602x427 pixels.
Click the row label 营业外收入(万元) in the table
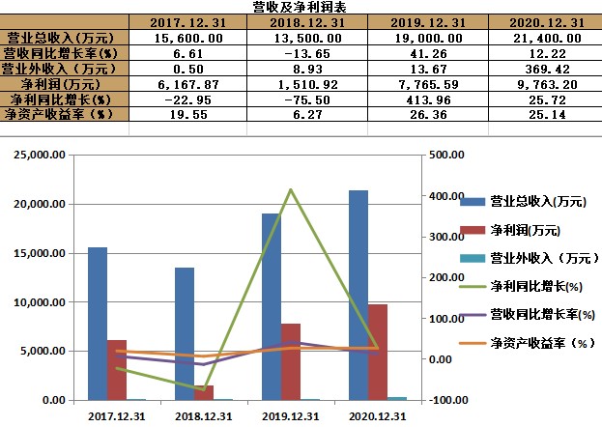tap(64, 68)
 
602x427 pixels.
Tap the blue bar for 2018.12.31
tap(184, 333)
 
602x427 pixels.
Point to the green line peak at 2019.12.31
tap(291, 189)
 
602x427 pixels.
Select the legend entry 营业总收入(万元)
tap(537, 201)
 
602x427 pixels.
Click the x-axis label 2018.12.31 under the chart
tap(203, 416)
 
